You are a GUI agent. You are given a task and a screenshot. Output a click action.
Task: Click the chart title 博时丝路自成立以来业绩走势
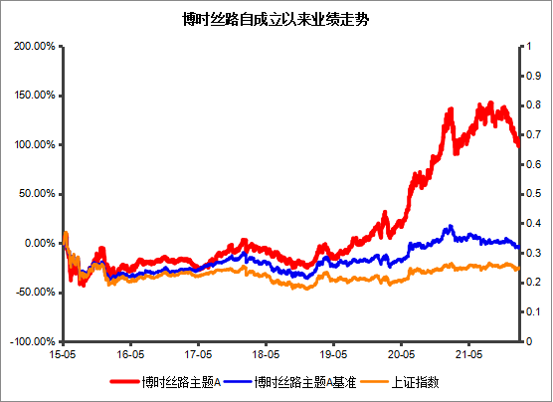tap(276, 19)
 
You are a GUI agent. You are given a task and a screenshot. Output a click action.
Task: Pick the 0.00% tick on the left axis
tap(37, 243)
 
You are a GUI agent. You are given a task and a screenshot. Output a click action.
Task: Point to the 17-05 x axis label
tap(198, 353)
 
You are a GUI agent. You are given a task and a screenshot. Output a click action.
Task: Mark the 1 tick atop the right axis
tap(530, 47)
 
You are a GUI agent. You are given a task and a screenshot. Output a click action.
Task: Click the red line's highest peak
tap(490, 102)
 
